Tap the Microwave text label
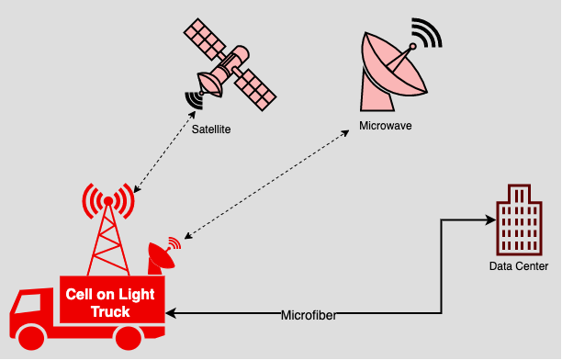click(x=386, y=124)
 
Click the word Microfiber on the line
click(x=309, y=316)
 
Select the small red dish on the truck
click(x=159, y=256)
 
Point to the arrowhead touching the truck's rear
click(x=172, y=315)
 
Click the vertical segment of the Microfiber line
click(x=442, y=266)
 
